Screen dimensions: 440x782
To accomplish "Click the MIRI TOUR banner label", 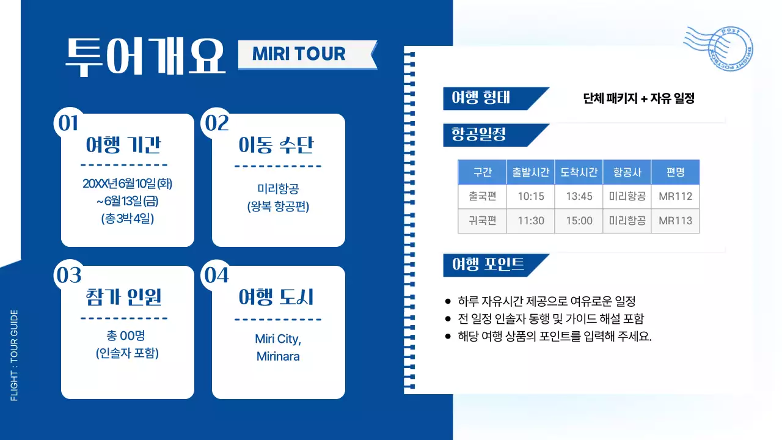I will (299, 54).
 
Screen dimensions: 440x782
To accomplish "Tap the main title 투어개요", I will (145, 56).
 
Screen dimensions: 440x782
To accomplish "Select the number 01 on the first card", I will (68, 123).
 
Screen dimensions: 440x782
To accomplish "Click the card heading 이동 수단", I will (276, 146).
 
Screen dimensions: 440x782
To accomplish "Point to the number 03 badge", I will (68, 276).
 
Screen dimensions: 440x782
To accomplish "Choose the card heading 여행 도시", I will (276, 298).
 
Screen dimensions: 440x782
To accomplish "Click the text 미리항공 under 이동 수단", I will (279, 189).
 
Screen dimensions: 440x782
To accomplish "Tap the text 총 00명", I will (127, 335).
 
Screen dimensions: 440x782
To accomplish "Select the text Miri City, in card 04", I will (279, 339).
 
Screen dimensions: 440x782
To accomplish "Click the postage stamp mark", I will (720, 48).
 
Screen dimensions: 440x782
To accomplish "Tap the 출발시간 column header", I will (530, 172).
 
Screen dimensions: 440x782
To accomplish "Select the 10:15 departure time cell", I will (530, 197).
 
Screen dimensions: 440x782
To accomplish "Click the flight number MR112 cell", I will (675, 197).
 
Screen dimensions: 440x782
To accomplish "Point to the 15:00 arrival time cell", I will (579, 221).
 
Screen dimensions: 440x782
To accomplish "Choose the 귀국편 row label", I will (483, 221).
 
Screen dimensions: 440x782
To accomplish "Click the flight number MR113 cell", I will (675, 221).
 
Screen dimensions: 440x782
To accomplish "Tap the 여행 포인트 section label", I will (488, 265).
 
